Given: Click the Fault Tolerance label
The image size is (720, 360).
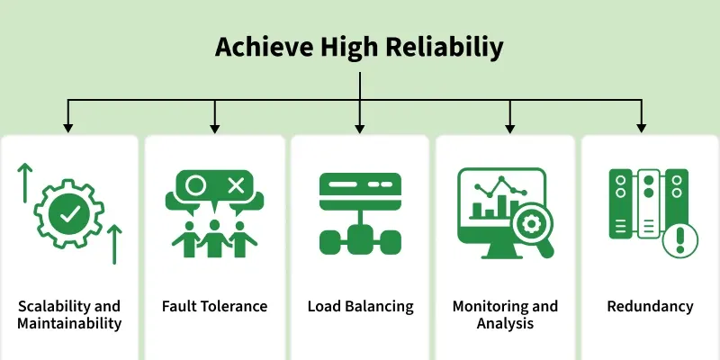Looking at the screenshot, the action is click(214, 306).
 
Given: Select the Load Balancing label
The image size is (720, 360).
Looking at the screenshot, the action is click(361, 307).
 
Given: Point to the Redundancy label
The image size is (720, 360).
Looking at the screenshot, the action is click(650, 307).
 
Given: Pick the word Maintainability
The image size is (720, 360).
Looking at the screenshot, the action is click(69, 323).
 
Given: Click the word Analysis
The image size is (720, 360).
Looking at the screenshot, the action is click(505, 323).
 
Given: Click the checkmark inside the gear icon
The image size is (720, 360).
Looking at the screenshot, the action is click(69, 213).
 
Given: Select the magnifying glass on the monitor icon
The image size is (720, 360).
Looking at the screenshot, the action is click(534, 229).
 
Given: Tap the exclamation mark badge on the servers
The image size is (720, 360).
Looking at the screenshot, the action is click(680, 240).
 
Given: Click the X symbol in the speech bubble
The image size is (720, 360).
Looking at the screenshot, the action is click(236, 185).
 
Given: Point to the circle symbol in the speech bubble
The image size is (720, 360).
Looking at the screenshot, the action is click(195, 185).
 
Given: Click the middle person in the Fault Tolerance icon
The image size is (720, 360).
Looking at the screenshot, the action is click(214, 238).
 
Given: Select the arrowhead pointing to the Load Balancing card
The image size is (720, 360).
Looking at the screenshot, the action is click(359, 129).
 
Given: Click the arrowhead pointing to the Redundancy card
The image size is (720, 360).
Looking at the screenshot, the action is click(642, 129).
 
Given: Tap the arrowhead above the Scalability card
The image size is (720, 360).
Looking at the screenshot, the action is click(68, 129).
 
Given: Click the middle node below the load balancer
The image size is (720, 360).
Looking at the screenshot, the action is click(360, 240).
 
